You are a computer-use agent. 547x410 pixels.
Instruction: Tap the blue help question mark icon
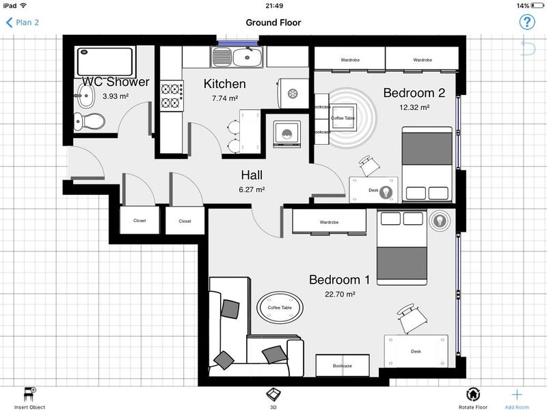pos(526,23)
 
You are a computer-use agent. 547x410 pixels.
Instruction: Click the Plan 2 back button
pos(23,23)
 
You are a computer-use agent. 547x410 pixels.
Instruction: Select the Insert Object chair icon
pos(29,394)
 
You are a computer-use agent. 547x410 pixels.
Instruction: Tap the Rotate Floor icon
pos(472,394)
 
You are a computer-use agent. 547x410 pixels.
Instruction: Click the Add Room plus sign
pos(517,394)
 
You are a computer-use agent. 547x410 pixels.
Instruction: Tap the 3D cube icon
pos(273,394)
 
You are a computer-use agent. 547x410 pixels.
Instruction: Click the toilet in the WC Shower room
pos(90,122)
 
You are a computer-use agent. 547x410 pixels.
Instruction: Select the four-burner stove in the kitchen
pos(172,96)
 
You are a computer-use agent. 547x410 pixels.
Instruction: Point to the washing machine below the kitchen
pos(286,134)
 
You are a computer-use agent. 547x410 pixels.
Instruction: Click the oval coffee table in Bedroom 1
pos(280,307)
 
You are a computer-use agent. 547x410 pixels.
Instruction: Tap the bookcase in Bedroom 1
pos(343,366)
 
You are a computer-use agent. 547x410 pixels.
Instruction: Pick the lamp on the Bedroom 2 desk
pos(386,191)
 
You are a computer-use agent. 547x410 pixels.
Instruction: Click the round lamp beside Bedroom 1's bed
pos(440,220)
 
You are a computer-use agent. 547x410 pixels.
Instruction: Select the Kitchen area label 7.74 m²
pos(225,98)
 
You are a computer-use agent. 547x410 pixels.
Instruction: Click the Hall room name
pos(252,175)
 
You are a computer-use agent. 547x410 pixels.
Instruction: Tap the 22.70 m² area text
pos(340,295)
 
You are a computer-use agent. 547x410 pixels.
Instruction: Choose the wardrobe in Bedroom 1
pos(330,221)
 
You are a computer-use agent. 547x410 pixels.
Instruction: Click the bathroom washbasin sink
pos(85,96)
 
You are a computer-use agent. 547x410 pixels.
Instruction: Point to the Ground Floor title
pos(273,23)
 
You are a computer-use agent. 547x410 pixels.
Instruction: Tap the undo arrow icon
pos(528,48)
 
